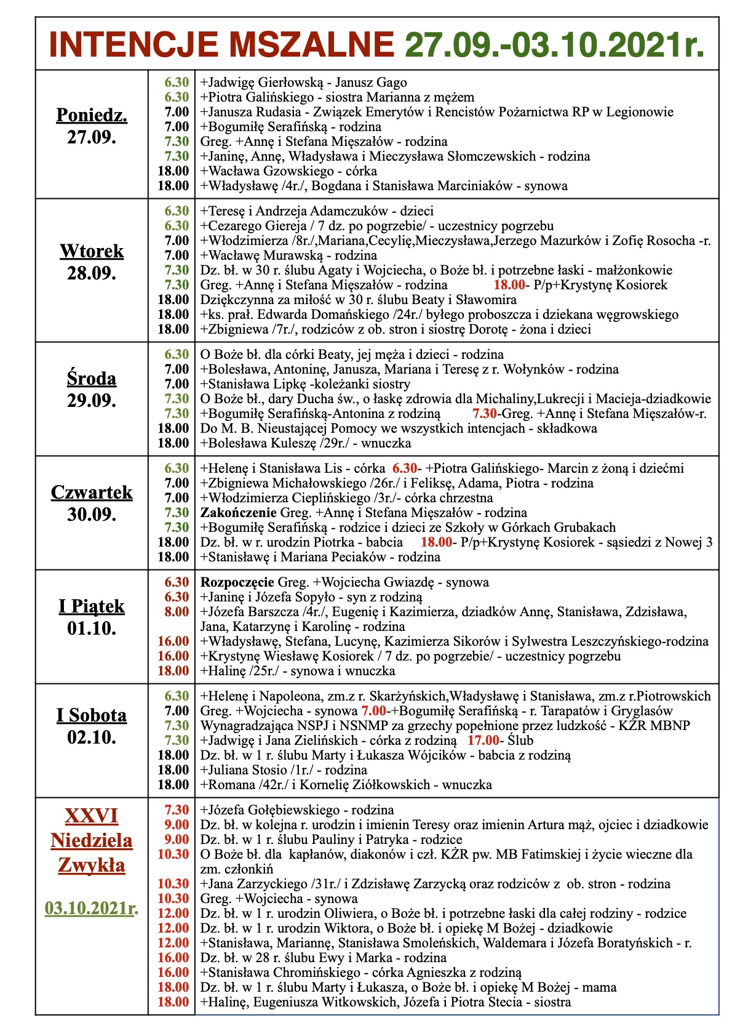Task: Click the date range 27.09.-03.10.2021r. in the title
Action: pos(554,44)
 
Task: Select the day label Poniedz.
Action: pos(92,115)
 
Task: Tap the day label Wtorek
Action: pos(92,251)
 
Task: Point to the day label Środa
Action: pos(92,379)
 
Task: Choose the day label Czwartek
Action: pos(92,492)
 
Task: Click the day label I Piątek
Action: pos(92,606)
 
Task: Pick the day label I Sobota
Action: pos(92,715)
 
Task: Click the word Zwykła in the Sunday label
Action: pos(92,865)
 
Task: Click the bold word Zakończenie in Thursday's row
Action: pos(239,513)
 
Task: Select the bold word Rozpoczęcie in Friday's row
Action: pos(237,582)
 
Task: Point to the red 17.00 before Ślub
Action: pos(483,741)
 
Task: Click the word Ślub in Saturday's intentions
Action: pos(520,741)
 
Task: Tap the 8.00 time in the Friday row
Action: pos(177,612)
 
